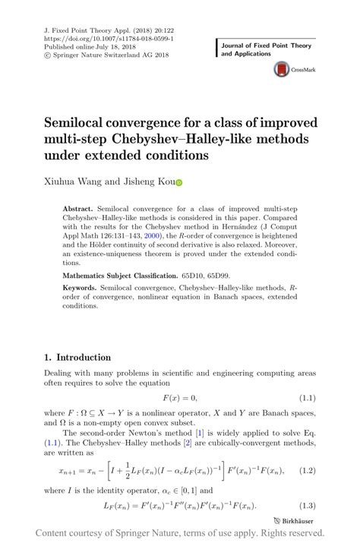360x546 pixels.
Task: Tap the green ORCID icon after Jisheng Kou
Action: pos(179,182)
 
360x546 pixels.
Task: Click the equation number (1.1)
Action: pos(306,397)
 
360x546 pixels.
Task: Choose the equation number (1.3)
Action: pos(306,505)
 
